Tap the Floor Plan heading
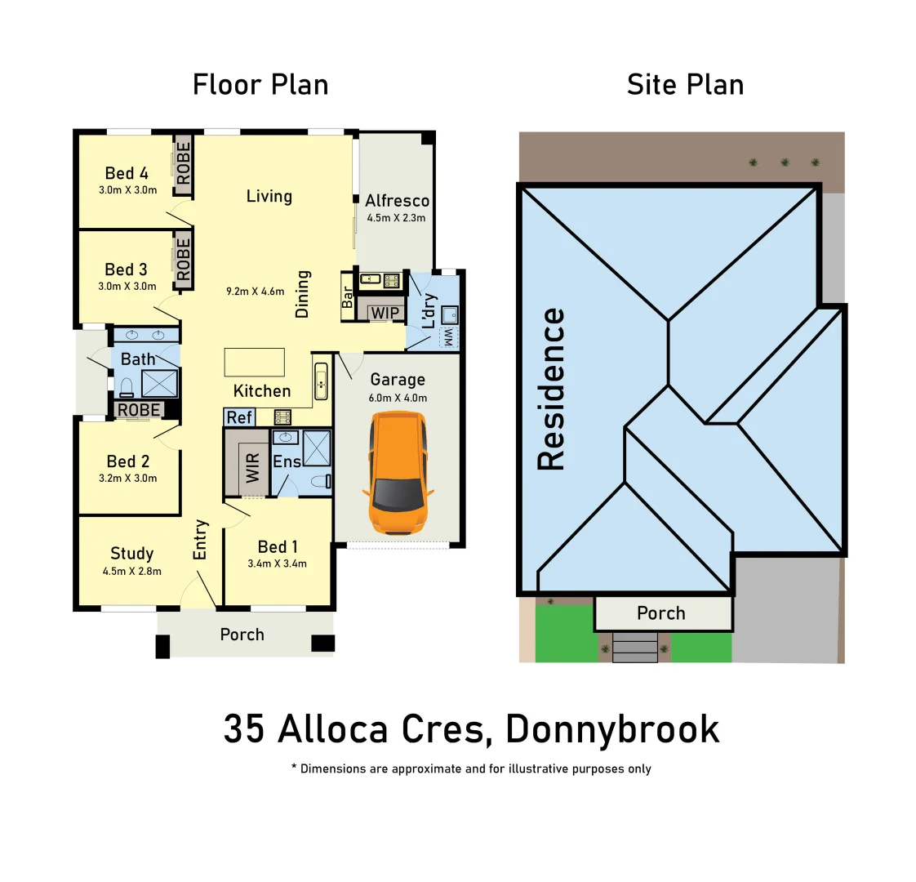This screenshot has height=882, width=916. coord(260,85)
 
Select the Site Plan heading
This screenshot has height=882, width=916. coord(685,85)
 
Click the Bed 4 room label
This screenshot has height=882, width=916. coord(127,173)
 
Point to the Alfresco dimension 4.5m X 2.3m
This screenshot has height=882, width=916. coord(396,218)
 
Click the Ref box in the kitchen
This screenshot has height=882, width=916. coord(239,417)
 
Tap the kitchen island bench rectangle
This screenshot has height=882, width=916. coord(255,362)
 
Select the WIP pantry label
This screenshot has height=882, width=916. coord(385,313)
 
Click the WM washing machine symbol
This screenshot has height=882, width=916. coord(447,337)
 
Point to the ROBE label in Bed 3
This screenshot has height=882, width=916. coord(184,260)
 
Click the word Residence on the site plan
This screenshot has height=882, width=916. coord(551,389)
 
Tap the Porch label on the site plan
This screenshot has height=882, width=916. coord(661,613)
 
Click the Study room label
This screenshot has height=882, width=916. coord(131,554)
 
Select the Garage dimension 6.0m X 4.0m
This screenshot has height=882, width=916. coord(398,398)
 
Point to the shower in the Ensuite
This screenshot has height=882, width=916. coord(317,448)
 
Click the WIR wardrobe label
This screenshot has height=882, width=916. coord(252,468)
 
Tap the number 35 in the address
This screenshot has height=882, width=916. coord(244,728)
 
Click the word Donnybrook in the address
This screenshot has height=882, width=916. coord(612,728)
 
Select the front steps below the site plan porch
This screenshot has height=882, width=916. coord(635,647)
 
